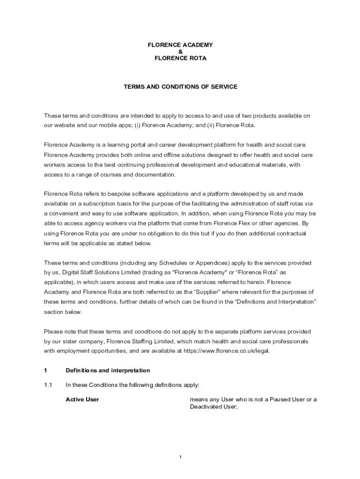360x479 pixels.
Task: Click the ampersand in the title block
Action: [180, 51]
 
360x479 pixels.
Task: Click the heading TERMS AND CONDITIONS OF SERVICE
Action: [180, 87]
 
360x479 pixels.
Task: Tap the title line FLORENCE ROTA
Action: [180, 58]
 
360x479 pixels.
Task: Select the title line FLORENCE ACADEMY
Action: [180, 44]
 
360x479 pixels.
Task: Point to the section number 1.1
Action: [48, 385]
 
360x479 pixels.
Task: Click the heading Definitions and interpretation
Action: [108, 370]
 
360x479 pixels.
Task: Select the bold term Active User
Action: [82, 399]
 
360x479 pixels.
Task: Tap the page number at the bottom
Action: [180, 457]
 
